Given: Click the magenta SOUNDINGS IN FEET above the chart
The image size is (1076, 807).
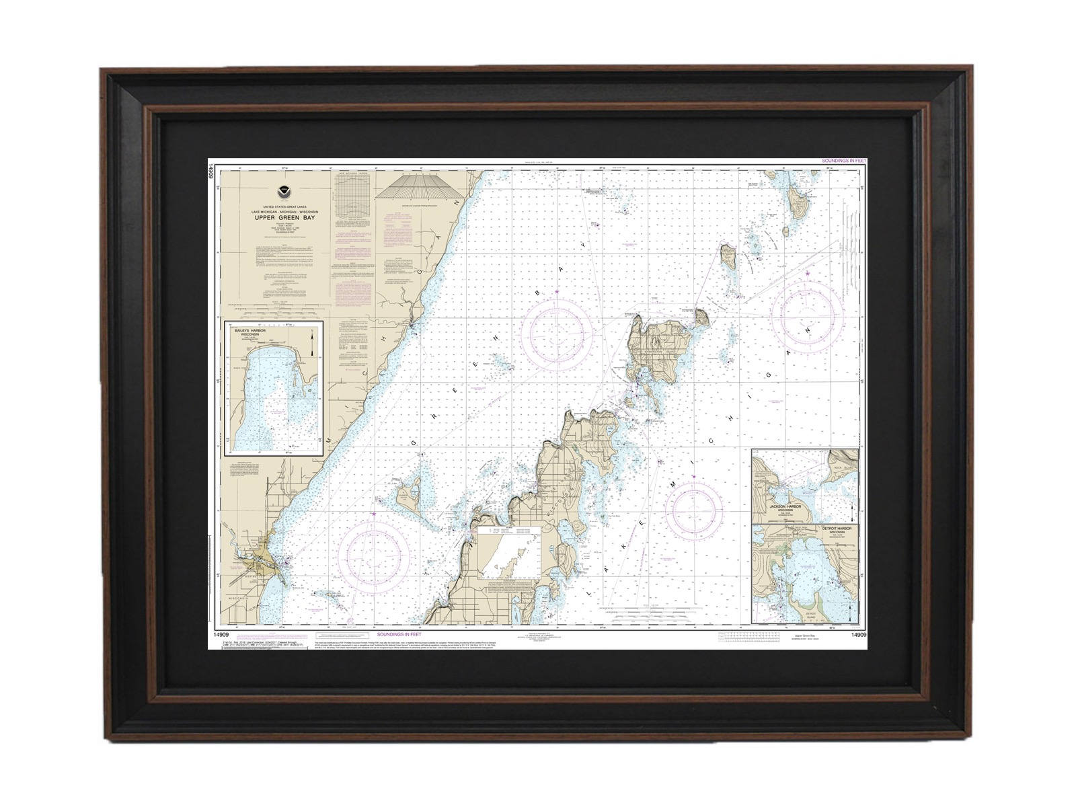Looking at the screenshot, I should (843, 161).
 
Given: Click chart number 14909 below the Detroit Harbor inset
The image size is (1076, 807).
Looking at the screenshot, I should (858, 634).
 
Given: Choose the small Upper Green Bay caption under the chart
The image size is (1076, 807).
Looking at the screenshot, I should (804, 636).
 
